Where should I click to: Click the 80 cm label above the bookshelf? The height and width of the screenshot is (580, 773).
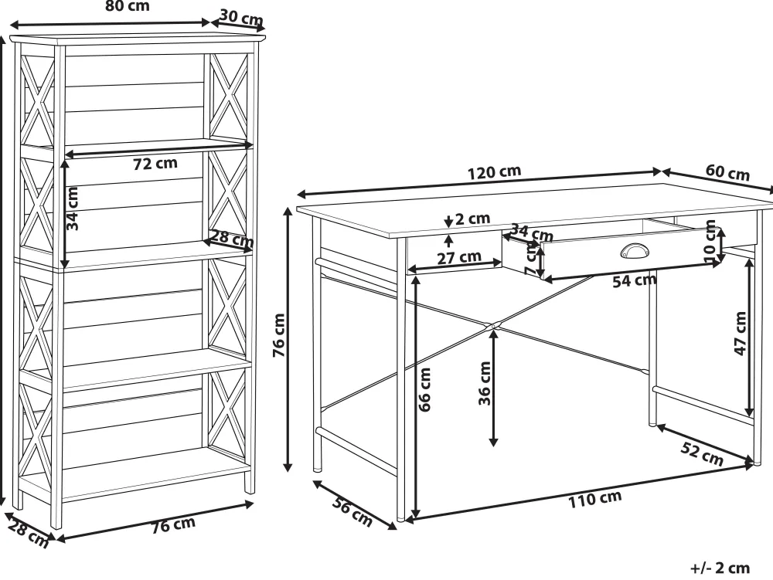128,6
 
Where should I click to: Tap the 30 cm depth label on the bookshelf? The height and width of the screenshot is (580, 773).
241,19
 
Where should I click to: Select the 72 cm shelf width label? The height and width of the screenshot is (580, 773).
155,163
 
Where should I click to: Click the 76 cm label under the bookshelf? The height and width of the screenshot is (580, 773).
173,525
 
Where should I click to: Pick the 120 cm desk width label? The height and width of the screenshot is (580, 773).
494,172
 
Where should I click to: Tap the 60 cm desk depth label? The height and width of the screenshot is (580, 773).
727,172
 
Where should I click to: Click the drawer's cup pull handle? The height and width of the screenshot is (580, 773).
632,251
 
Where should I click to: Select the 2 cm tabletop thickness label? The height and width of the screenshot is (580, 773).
472,218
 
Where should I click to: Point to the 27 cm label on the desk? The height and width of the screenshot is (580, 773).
459,257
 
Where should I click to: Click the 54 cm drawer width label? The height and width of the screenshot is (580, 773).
635,280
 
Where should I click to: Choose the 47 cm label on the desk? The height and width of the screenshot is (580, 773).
741,334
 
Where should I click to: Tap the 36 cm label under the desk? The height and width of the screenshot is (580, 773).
485,383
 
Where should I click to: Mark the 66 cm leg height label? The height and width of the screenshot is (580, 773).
424,389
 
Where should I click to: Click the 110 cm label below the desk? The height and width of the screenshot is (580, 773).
595,499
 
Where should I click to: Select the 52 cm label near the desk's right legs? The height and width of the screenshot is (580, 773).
702,454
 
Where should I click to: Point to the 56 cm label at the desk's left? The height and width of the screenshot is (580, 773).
352,512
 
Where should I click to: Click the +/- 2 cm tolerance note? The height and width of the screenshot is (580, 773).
720,568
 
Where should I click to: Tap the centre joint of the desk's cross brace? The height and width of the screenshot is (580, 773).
493,325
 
